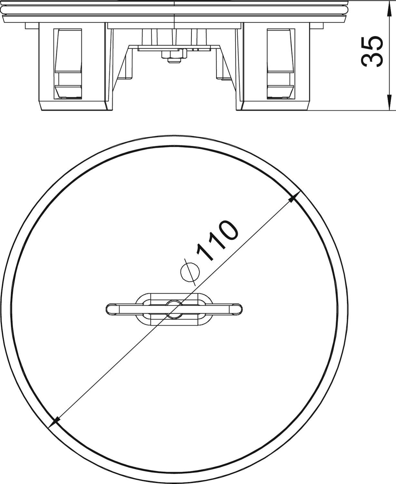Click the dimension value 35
click(372, 52)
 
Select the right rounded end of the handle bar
click(237, 309)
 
